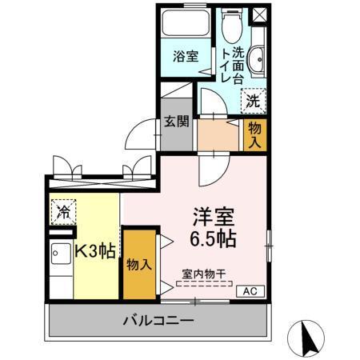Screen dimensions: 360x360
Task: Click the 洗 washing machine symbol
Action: click(x=253, y=101)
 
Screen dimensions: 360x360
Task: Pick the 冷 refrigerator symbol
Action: click(x=63, y=213)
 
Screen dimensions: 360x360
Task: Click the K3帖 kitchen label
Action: click(x=95, y=250)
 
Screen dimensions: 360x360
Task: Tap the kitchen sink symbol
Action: click(x=60, y=258)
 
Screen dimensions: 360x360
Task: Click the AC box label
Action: click(x=248, y=291)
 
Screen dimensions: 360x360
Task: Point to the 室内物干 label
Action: click(x=203, y=273)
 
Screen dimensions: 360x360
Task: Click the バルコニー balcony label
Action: click(x=158, y=322)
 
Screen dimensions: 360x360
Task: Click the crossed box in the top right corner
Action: click(x=259, y=15)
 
